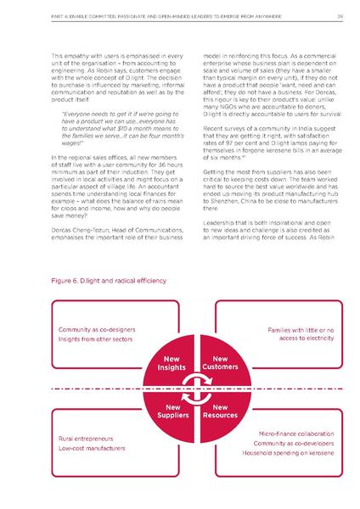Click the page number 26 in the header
click(339, 15)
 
